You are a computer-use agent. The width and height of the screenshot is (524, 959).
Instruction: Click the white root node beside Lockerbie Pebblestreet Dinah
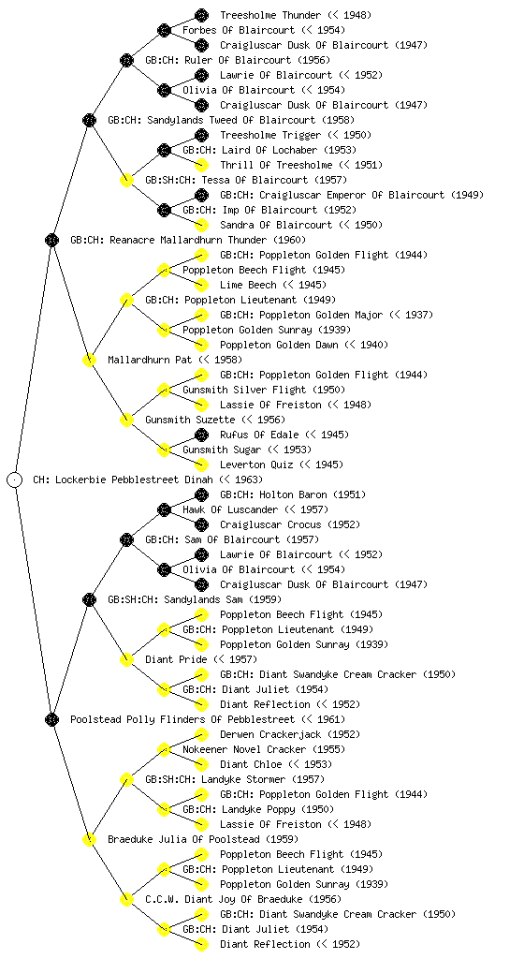point(15,479)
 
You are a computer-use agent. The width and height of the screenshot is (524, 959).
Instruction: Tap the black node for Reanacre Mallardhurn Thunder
point(51,240)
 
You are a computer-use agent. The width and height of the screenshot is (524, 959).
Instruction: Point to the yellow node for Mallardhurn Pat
point(89,360)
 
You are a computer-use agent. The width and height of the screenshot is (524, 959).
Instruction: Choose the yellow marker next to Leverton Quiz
point(201,465)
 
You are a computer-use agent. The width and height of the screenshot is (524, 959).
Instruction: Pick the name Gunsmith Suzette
point(190,420)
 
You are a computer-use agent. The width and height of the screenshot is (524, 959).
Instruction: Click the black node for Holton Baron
point(201,494)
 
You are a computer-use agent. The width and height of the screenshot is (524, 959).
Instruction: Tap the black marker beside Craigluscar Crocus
point(201,524)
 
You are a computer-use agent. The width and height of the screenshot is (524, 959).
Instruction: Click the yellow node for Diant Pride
point(126,659)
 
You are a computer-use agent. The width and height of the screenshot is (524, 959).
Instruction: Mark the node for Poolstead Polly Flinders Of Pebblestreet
point(51,719)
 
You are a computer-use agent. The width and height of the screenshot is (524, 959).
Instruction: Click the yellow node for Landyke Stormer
point(126,779)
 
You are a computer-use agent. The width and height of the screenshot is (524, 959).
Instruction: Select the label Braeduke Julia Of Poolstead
point(183,839)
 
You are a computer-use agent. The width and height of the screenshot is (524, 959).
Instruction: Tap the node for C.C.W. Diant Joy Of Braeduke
point(126,899)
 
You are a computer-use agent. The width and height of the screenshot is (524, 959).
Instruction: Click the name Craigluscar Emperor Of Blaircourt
point(352,195)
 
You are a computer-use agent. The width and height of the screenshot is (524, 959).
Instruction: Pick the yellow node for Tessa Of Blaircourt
point(126,180)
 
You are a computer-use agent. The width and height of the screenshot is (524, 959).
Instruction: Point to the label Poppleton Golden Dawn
point(279,345)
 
